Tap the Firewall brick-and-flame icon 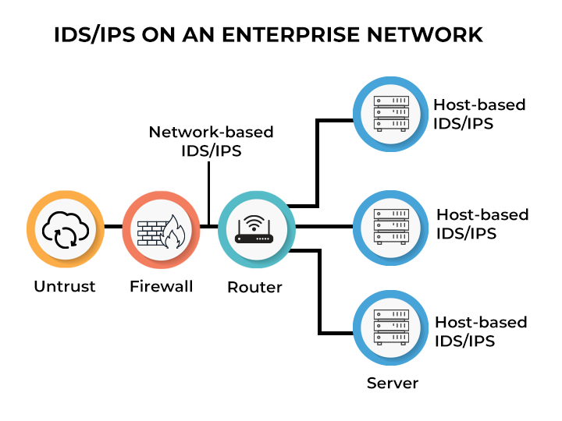pos(161,228)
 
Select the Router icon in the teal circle pos(254,228)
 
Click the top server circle pos(390,113)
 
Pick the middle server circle pos(390,226)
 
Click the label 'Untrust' pos(65,286)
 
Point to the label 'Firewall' pos(161,286)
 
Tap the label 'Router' pos(254,287)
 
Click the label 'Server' pos(393,383)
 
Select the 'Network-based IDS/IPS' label pos(211,141)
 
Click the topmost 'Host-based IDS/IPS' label pos(479,114)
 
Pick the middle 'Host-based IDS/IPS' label pos(482,223)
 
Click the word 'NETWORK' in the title pos(429,35)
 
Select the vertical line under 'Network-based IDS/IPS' pos(209,195)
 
